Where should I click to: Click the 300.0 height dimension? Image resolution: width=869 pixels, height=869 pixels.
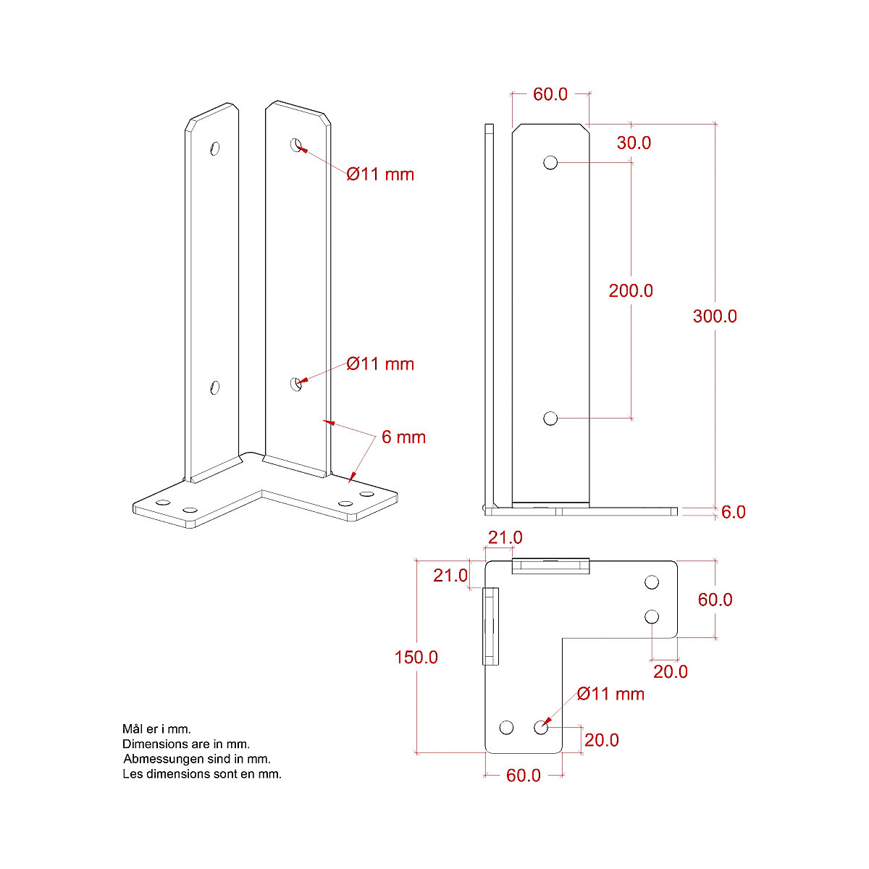tap(715, 316)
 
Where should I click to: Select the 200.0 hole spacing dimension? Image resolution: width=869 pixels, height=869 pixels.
tap(631, 291)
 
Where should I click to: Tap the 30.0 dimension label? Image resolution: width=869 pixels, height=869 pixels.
tap(634, 143)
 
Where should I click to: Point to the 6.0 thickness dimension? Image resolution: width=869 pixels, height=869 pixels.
tap(733, 513)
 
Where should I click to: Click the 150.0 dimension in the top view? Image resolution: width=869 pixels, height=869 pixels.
tap(416, 658)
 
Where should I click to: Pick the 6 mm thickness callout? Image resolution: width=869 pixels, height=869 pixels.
tap(403, 437)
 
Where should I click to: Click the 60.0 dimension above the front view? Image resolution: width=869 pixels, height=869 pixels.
tap(550, 95)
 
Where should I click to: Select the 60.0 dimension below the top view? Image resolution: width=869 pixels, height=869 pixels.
tap(524, 776)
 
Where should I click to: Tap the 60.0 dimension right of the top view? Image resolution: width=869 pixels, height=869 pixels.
tap(715, 600)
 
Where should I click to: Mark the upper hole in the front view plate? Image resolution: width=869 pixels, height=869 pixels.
tap(550, 162)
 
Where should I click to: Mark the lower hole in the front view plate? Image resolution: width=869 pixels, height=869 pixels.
tap(550, 418)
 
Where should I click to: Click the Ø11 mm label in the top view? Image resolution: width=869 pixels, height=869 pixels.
tap(610, 694)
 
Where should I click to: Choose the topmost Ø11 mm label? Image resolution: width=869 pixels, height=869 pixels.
tap(380, 175)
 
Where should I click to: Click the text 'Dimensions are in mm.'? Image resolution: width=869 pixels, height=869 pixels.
tap(186, 744)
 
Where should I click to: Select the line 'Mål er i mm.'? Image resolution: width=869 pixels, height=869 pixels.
tap(156, 729)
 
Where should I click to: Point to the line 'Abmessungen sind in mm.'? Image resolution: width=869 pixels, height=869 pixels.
tap(197, 759)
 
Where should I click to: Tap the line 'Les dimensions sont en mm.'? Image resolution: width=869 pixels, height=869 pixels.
tap(202, 774)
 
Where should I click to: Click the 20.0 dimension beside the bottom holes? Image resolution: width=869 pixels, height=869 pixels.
tap(601, 740)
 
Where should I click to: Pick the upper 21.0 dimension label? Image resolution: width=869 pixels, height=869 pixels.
tap(505, 538)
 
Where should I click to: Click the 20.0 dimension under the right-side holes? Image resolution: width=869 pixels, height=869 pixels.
tap(670, 672)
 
